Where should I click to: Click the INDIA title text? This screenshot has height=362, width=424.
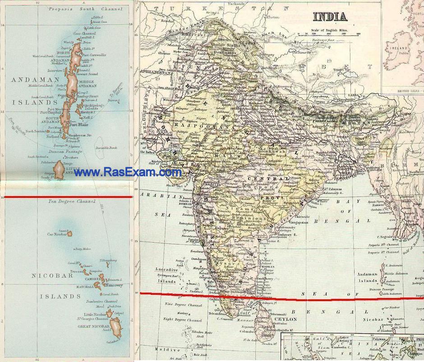(330, 17)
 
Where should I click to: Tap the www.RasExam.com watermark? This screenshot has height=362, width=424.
(130, 172)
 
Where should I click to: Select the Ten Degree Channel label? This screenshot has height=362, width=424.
(72, 201)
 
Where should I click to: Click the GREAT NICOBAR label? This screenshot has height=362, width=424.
(94, 326)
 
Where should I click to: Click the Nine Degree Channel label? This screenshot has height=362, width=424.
(183, 305)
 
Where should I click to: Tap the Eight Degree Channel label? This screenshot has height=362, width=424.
(183, 320)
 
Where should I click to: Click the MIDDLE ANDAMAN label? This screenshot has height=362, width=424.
(88, 83)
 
